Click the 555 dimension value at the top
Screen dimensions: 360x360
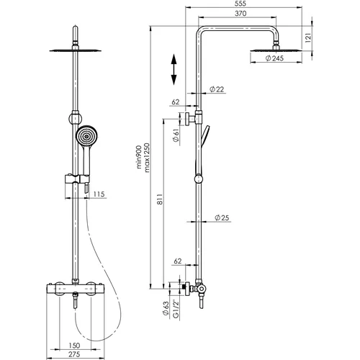(240, 4)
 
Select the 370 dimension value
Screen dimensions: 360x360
(240, 14)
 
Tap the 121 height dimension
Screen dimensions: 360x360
(308, 37)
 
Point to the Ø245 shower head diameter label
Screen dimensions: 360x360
(274, 58)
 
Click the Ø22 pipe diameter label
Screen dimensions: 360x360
(217, 89)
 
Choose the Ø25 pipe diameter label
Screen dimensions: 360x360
(222, 217)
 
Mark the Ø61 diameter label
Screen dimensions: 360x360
(176, 135)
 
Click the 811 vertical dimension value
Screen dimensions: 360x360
(161, 199)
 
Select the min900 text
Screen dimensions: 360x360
(139, 157)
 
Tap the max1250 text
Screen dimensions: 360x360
(147, 158)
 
